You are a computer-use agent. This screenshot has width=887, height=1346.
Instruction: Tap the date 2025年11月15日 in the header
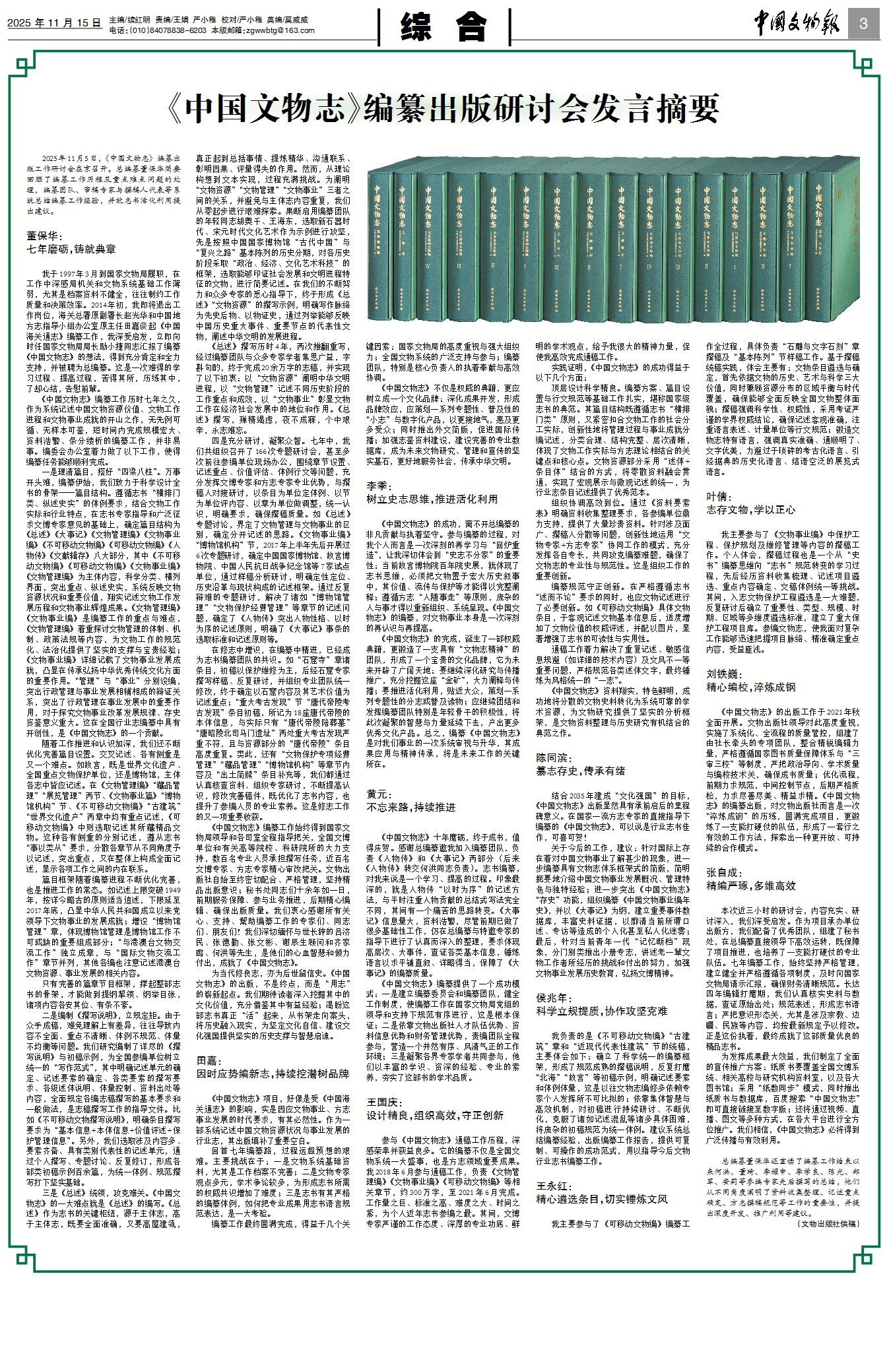(x=54, y=22)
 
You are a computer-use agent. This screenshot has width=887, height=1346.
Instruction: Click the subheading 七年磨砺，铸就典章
(x=71, y=249)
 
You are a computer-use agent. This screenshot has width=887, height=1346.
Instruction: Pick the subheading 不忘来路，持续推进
(x=411, y=807)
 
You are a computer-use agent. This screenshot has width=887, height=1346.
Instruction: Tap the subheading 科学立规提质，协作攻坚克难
(x=601, y=1011)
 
